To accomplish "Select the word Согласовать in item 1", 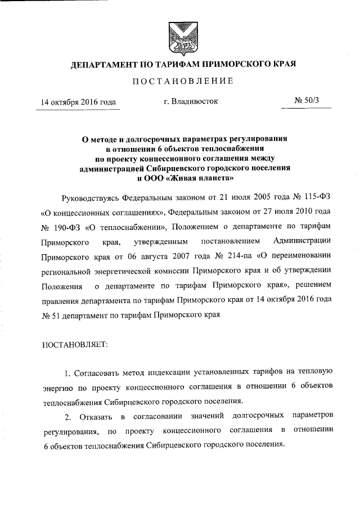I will [96, 372].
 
